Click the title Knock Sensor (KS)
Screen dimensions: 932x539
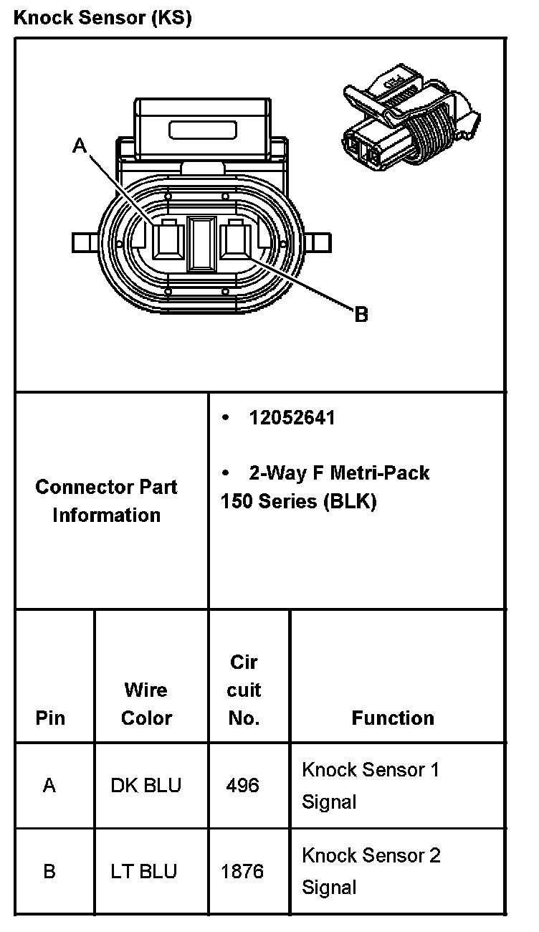(x=102, y=19)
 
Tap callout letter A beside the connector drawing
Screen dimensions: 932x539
(x=80, y=146)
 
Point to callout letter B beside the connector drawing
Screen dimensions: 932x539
(x=361, y=314)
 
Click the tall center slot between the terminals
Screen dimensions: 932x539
(x=201, y=244)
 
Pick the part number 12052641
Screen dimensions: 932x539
(x=292, y=418)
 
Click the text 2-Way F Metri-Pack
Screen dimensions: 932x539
(x=338, y=473)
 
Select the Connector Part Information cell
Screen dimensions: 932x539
(x=107, y=500)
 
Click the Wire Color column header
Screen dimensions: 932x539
(x=146, y=704)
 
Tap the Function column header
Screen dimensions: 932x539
(x=393, y=718)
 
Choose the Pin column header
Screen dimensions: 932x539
(x=50, y=718)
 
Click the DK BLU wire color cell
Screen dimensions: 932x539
(x=146, y=786)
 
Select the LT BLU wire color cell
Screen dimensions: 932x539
(x=143, y=872)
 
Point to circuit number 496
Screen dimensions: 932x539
(x=242, y=786)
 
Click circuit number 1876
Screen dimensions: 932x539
(x=242, y=872)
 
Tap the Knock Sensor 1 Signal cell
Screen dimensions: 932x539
(x=370, y=785)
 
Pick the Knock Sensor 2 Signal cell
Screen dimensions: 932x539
(x=371, y=871)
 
